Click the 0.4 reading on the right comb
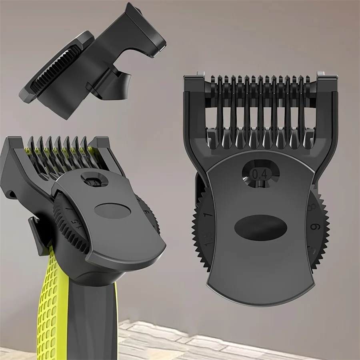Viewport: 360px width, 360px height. coord(260,174)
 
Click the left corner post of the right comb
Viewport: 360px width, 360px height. coord(191,86)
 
